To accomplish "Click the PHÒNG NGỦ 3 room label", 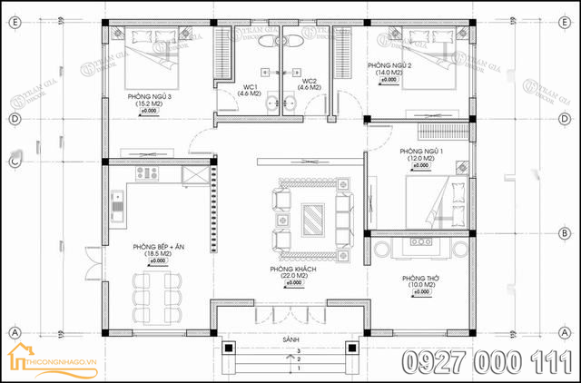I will click(149, 95).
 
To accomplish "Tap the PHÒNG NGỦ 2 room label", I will click(390, 66).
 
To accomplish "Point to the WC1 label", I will click(249, 85).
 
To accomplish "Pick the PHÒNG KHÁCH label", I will click(292, 270).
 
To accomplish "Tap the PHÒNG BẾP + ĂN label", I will click(158, 245).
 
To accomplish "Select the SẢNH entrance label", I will click(291, 339).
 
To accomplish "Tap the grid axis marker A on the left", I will click(14, 332).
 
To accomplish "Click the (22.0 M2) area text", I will click(292, 277).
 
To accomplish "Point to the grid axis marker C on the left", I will click(14, 162).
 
